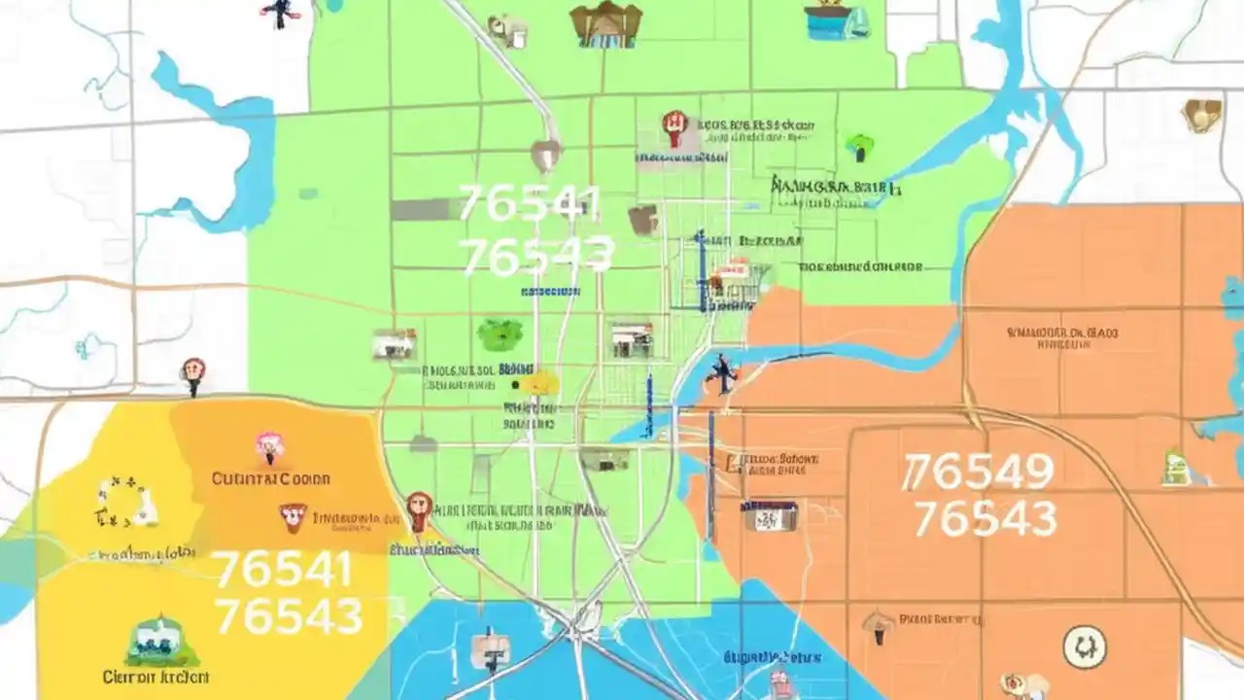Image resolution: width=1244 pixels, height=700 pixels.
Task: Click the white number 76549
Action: point(978,473)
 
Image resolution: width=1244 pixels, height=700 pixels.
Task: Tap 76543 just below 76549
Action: point(985,519)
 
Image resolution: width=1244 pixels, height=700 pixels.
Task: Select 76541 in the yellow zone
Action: point(282,571)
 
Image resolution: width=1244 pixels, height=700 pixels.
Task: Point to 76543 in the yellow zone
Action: point(288,616)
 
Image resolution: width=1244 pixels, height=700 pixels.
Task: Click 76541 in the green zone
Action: point(530,204)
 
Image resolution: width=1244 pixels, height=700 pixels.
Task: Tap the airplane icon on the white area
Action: point(278,12)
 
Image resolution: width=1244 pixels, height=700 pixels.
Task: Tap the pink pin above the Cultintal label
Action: point(269,446)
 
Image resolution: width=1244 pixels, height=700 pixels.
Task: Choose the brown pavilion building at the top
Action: point(606,25)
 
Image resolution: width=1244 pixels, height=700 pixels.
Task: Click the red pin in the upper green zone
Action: point(674,124)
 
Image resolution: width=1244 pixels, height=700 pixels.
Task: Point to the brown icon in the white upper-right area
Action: point(1201,115)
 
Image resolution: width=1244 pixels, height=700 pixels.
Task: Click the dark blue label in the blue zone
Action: point(774,657)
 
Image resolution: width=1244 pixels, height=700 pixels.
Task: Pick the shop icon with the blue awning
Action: point(770,514)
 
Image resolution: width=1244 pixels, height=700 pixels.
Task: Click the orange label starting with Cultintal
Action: point(270,478)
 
